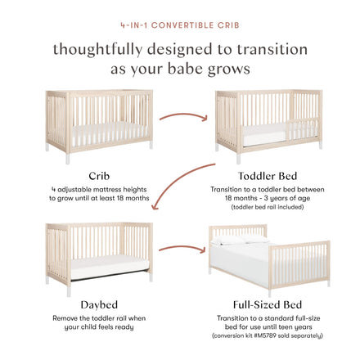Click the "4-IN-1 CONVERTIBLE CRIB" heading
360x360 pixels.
click(x=180, y=25)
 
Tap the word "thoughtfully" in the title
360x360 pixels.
click(x=97, y=50)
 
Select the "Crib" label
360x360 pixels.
click(x=99, y=176)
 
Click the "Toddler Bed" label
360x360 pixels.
click(x=268, y=176)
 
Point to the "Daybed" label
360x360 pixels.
click(x=99, y=304)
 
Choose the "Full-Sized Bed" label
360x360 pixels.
click(x=268, y=304)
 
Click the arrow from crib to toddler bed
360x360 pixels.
click(x=183, y=115)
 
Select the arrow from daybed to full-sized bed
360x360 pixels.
click(x=182, y=248)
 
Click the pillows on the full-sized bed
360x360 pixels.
click(x=240, y=240)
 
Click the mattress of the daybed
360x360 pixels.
click(x=110, y=267)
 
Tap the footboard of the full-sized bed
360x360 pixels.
click(x=299, y=264)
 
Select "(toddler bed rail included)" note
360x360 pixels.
click(x=268, y=207)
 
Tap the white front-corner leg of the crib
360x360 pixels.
click(x=68, y=158)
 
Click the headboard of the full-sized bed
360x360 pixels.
click(x=238, y=231)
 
